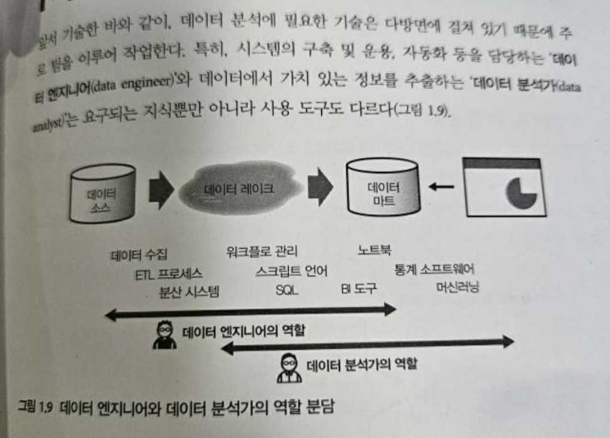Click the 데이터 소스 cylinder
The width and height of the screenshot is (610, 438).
[103, 193]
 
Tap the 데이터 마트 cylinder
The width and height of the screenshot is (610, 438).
[383, 187]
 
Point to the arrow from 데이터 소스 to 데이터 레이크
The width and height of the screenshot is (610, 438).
[161, 190]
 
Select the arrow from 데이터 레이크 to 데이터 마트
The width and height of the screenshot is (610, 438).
[321, 187]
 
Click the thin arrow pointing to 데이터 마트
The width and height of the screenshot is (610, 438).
[441, 187]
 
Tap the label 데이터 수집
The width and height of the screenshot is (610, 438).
[139, 255]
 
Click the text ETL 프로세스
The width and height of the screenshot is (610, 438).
[168, 274]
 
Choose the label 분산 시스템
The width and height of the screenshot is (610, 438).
[190, 291]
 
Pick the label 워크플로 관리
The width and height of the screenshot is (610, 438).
[262, 251]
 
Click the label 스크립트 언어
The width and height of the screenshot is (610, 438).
[291, 270]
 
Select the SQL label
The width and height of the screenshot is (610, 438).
[287, 290]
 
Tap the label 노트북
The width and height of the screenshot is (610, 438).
[375, 250]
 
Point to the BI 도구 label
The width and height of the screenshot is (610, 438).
[359, 288]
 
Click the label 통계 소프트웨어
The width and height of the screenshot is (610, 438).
[434, 269]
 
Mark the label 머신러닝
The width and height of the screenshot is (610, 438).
[457, 287]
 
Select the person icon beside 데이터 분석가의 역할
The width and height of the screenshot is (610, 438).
[289, 368]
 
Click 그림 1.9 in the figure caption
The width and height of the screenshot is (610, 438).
[35, 407]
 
